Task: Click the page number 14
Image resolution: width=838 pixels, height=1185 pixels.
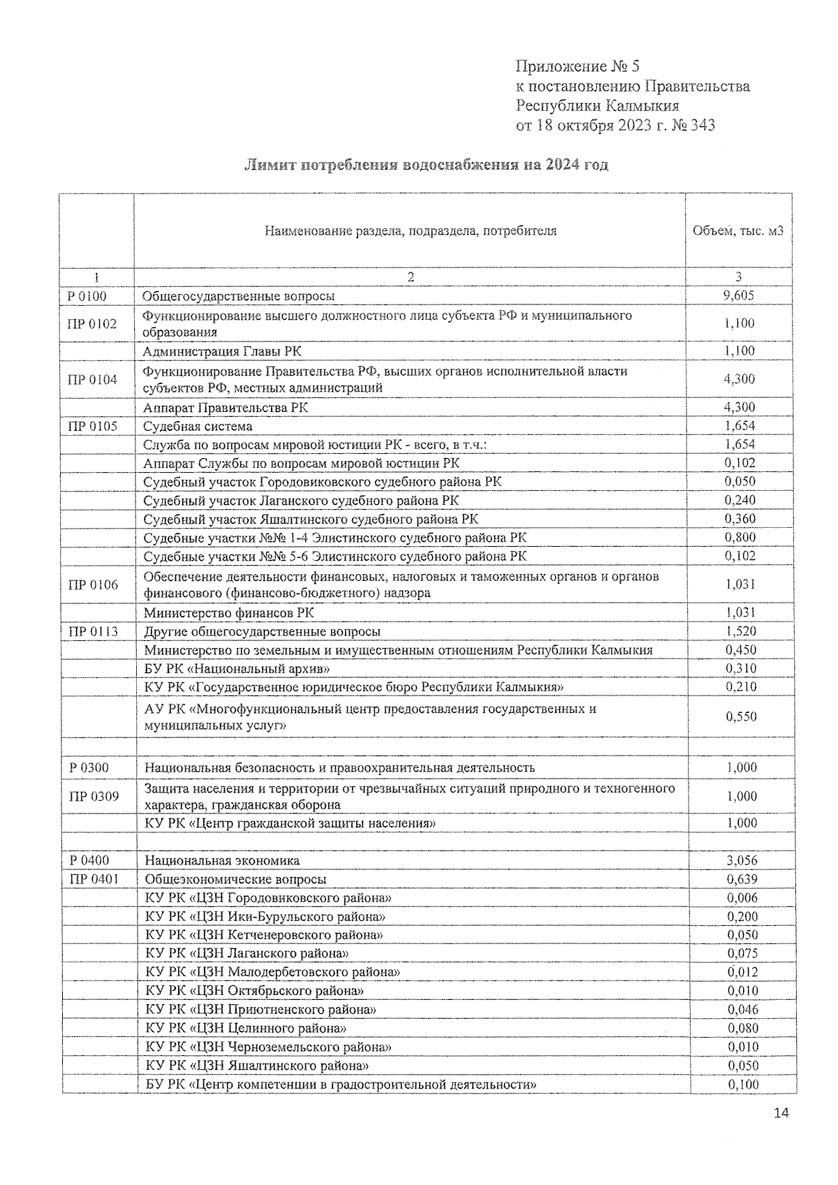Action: [781, 1113]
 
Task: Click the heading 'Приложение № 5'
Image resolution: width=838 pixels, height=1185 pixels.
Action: [577, 66]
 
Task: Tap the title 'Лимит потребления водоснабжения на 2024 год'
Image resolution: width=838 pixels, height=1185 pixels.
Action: [426, 165]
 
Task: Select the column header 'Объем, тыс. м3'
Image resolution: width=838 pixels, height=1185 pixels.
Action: [737, 231]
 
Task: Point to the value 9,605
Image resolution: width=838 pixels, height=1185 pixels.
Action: [739, 295]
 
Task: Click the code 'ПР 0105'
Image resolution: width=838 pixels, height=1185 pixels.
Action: [92, 426]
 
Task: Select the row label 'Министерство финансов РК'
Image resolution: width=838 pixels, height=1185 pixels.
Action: [229, 612]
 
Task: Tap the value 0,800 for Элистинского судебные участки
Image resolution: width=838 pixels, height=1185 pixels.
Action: [740, 538]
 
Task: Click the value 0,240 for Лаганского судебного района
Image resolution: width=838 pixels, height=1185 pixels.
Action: [740, 500]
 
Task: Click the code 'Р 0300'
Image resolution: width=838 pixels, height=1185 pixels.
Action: [89, 767]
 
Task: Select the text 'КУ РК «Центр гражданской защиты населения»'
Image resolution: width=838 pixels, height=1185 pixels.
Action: [290, 823]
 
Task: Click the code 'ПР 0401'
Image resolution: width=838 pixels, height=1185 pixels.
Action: [94, 879]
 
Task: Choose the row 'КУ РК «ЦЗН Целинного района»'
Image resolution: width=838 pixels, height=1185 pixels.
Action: [247, 1028]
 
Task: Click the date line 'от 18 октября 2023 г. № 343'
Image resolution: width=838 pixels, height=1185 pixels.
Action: [615, 126]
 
